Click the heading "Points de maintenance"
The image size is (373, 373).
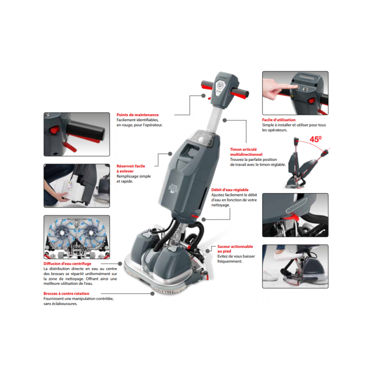(x=138, y=115)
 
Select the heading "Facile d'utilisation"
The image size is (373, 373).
(x=279, y=120)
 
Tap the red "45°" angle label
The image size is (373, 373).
(x=316, y=139)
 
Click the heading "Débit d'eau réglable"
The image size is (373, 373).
(x=230, y=190)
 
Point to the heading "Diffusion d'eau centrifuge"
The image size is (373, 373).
(x=67, y=263)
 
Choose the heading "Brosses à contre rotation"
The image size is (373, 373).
(x=66, y=294)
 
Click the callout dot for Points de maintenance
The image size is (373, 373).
(x=203, y=96)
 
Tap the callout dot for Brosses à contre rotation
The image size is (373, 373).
(x=152, y=294)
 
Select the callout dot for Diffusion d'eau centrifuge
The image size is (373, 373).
(x=120, y=263)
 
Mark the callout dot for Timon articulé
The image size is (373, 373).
(x=225, y=120)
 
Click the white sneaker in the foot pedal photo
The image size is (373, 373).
(x=285, y=255)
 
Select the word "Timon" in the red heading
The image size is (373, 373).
(x=236, y=149)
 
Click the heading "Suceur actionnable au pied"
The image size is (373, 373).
(x=235, y=249)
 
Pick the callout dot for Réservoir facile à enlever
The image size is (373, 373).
(x=170, y=154)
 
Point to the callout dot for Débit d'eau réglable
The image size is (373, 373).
(x=204, y=219)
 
